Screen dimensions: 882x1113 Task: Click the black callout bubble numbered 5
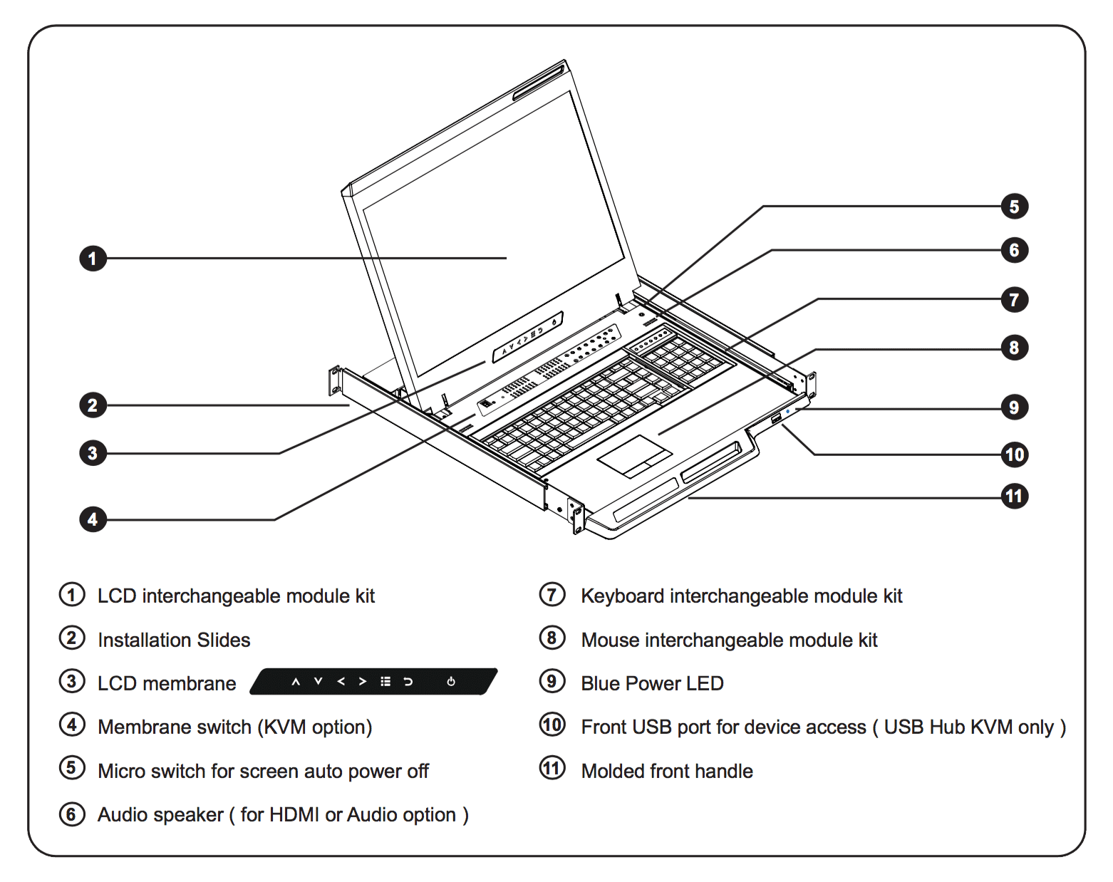(x=1014, y=207)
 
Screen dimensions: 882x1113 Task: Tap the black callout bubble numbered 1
(x=93, y=258)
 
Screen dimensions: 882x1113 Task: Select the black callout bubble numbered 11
(x=1014, y=496)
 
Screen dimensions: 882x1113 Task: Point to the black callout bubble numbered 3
(x=93, y=452)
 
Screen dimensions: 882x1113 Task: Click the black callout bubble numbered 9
(x=1014, y=408)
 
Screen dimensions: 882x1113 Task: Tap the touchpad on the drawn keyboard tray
(x=635, y=456)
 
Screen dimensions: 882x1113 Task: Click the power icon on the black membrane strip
(x=451, y=682)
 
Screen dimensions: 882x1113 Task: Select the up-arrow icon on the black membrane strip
(x=296, y=682)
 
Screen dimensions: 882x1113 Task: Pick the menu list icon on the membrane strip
(x=385, y=682)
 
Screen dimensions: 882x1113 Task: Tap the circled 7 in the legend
(x=552, y=594)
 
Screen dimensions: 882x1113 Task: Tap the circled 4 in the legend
(x=72, y=725)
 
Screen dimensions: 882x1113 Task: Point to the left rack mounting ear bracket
(x=334, y=380)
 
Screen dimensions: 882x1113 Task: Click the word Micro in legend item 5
(x=123, y=771)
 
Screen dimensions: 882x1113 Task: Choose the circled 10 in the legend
(x=552, y=725)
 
